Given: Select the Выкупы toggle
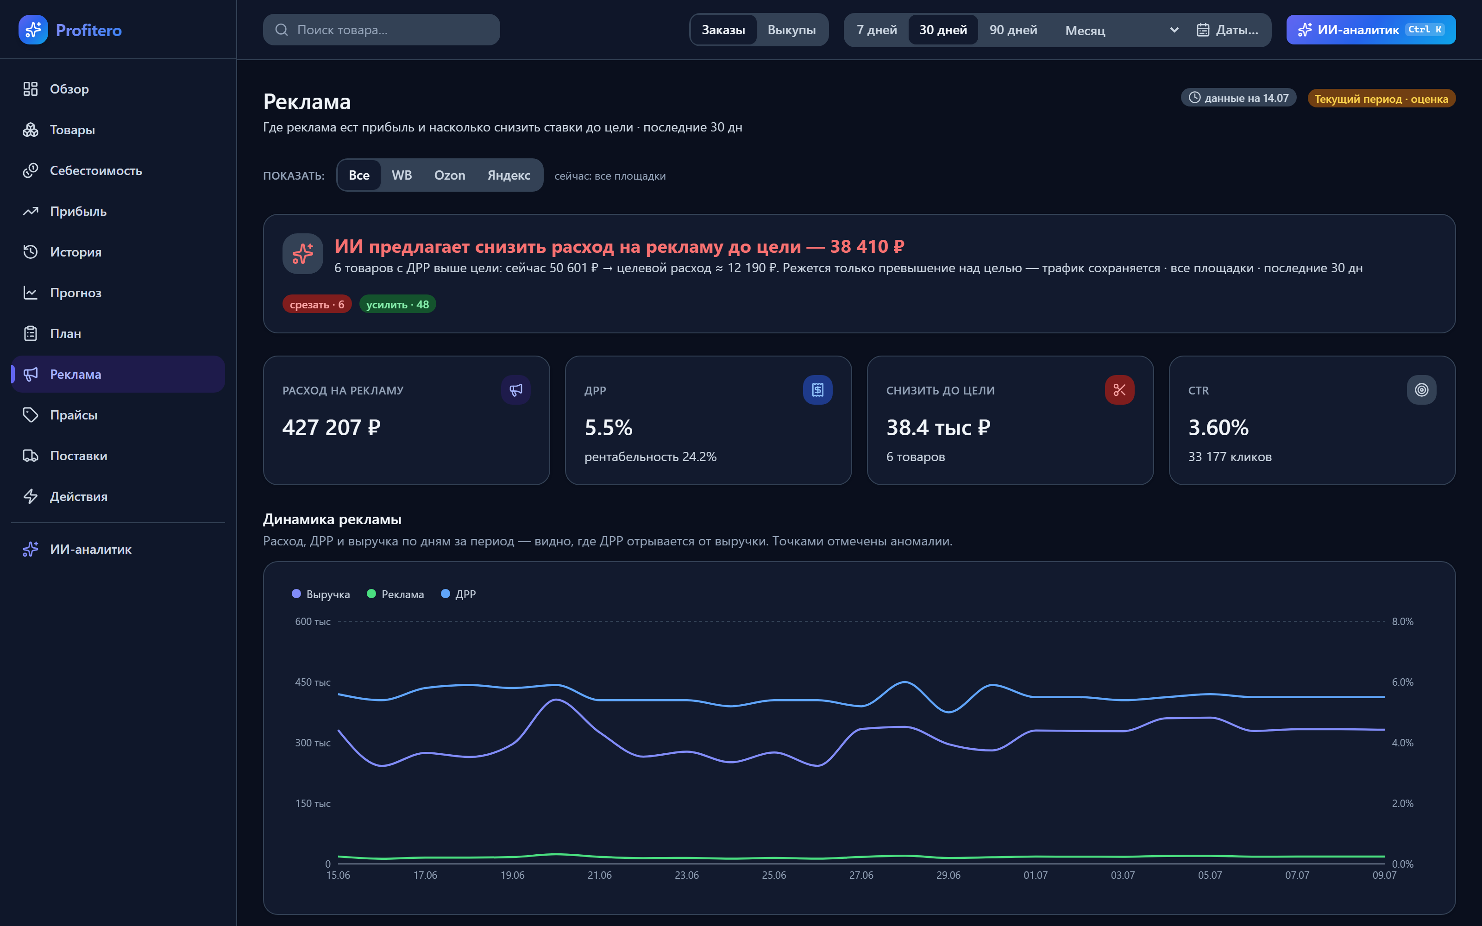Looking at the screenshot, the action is [x=791, y=29].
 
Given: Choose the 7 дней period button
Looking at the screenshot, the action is [x=876, y=29].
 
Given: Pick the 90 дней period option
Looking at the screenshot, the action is [x=1013, y=29].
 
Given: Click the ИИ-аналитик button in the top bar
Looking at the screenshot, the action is [x=1370, y=29].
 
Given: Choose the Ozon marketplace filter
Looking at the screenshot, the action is [x=450, y=175].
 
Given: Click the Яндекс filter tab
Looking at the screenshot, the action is [x=509, y=175].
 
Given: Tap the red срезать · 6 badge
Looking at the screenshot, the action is [x=317, y=304].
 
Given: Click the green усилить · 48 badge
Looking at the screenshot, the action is [x=397, y=304].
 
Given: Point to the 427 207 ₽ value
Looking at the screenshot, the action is [x=331, y=427].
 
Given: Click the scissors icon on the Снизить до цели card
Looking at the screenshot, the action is [x=1119, y=389].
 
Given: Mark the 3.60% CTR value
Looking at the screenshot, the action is [x=1218, y=427].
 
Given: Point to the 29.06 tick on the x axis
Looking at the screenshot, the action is [x=948, y=875].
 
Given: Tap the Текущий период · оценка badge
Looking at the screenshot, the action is [x=1382, y=99].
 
